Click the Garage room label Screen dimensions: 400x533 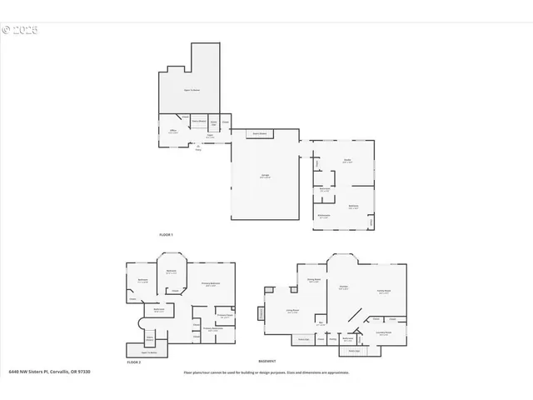tap(265, 175)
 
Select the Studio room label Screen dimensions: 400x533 tap(347, 161)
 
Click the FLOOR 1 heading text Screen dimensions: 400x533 tap(166, 235)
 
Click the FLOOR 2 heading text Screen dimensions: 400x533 tap(133, 362)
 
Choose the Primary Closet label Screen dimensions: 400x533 tap(224, 316)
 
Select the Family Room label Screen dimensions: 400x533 tap(384, 290)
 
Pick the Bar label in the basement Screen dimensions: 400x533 tap(321, 323)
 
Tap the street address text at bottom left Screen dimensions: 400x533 tap(49, 372)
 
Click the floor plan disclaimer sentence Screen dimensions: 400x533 tap(266, 372)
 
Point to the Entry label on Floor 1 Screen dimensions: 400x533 tap(198, 149)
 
